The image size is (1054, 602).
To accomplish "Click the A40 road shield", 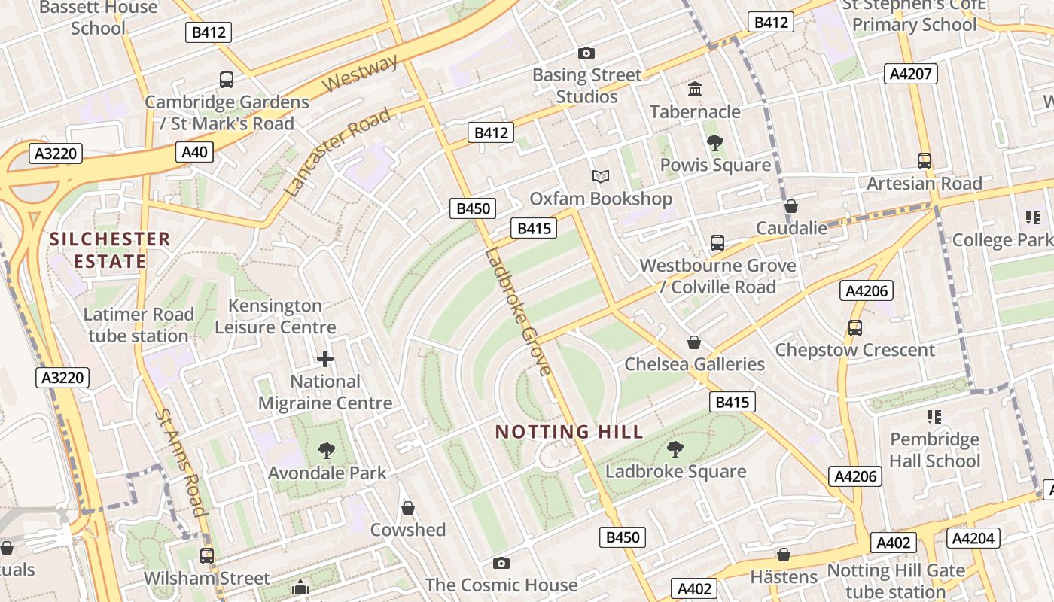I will pos(194,152).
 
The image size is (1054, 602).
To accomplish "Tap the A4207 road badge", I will pos(910,74).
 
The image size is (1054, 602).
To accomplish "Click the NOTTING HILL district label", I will pos(569,432).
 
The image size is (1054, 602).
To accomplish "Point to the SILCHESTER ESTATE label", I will pos(109,251).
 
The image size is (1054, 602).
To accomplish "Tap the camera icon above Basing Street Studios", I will pos(586,53).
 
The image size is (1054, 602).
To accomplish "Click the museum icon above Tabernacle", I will pos(695,90).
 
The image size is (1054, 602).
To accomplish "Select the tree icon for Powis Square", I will pos(715,143).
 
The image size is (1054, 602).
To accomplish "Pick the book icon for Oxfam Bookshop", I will pos(600,177).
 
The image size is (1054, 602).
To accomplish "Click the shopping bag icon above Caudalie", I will pos(791,206).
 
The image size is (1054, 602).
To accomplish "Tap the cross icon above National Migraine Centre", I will pos(325,359).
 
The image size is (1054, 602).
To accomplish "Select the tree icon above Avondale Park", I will pos(327,451).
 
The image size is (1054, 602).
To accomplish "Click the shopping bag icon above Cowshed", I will pos(408,508).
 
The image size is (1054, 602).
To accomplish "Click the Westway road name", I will pos(361,74).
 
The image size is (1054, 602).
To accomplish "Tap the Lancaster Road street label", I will pos(340,152).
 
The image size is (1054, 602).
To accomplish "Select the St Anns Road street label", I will pos(181,462).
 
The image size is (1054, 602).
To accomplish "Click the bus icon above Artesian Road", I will pos(925,161).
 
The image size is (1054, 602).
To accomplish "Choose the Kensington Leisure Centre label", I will pos(276,316).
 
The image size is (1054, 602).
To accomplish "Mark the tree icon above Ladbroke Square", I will pos(675,449).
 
